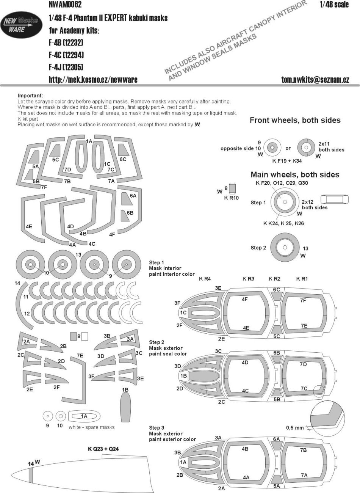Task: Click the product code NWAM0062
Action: click(x=66, y=5)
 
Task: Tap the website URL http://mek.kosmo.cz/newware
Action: click(x=93, y=80)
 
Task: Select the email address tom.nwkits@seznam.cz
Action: click(x=315, y=80)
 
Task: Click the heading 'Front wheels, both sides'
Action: click(x=295, y=120)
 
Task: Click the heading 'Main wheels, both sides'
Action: click(x=295, y=175)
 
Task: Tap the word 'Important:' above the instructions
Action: click(x=30, y=96)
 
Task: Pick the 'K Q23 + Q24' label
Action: click(x=103, y=449)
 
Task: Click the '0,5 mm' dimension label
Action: click(x=295, y=428)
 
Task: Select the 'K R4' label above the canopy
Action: click(x=205, y=279)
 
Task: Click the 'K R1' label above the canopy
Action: click(x=302, y=279)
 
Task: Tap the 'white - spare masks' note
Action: click(x=92, y=427)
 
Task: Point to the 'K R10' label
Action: click(x=231, y=198)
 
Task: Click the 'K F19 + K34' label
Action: click(x=287, y=161)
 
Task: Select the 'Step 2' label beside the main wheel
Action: click(x=258, y=248)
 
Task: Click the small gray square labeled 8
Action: click(x=73, y=336)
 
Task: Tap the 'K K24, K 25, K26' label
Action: click(x=283, y=223)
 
